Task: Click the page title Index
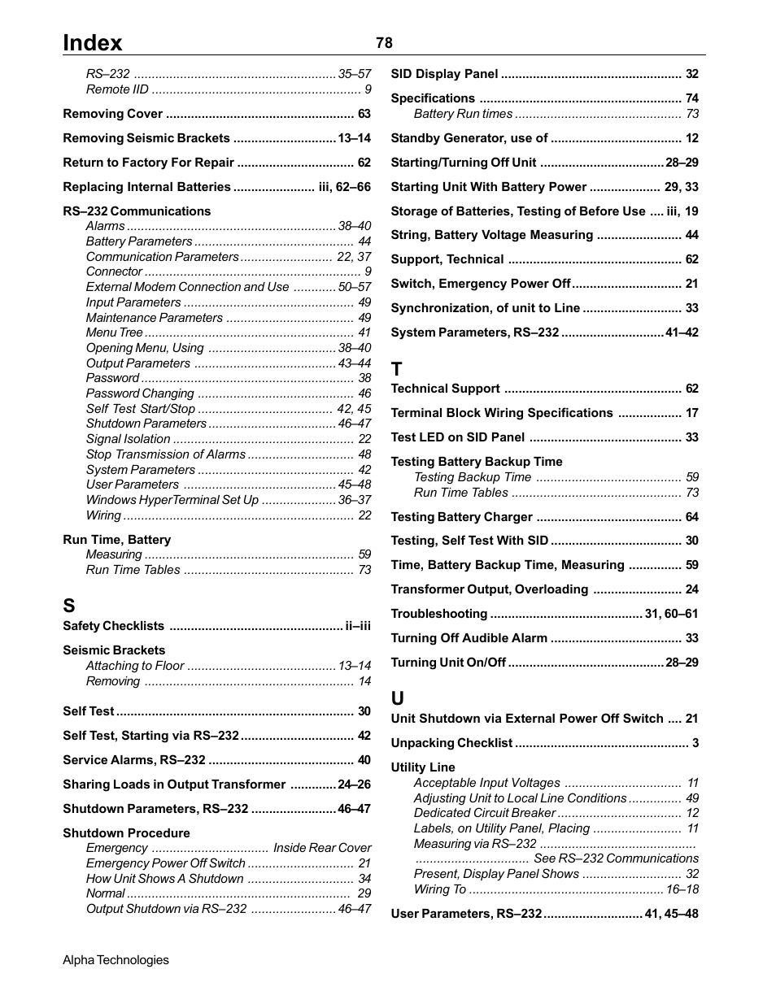(93, 43)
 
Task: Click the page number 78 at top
(384, 43)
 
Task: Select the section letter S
(69, 606)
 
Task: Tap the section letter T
(397, 368)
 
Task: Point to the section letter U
(397, 698)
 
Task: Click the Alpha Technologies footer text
(116, 960)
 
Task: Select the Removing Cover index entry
(112, 114)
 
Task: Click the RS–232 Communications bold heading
(137, 211)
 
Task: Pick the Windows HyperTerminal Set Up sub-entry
(172, 500)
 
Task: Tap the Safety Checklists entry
(113, 626)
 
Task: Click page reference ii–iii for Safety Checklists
(358, 626)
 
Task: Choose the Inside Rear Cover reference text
(322, 848)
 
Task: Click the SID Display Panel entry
(444, 74)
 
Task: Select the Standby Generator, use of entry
(469, 138)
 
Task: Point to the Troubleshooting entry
(438, 614)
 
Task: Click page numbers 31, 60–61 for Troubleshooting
(671, 614)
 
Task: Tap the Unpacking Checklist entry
(451, 743)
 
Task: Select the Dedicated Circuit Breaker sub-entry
(484, 813)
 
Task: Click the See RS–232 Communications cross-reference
(616, 858)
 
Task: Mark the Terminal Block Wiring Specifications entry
(502, 413)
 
